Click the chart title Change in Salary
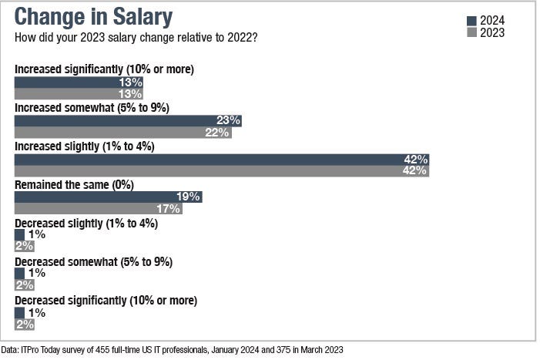[x=93, y=17]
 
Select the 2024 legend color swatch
[x=471, y=21]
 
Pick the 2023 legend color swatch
[x=471, y=32]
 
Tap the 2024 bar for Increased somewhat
[x=127, y=120]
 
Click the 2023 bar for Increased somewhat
[x=123, y=133]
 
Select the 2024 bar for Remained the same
[x=108, y=197]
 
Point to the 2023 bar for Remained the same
[x=98, y=209]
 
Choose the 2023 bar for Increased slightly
[x=221, y=171]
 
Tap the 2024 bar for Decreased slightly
[x=19, y=234]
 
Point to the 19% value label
[x=189, y=197]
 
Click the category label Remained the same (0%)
[x=75, y=185]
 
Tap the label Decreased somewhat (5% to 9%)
[x=93, y=261]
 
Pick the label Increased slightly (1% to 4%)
[x=85, y=146]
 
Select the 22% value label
[x=219, y=133]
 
